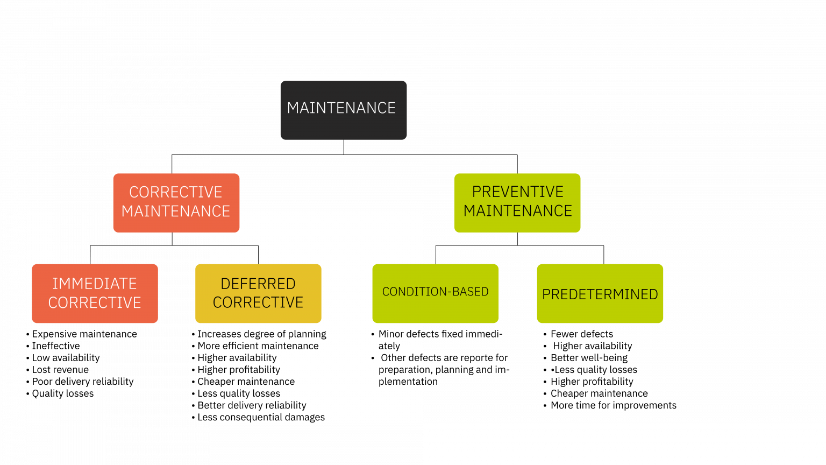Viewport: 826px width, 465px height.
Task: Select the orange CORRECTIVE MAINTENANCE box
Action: [x=176, y=202]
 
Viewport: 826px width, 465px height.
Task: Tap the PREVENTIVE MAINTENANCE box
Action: [x=517, y=202]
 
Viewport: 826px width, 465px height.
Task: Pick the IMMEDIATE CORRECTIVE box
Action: [x=95, y=293]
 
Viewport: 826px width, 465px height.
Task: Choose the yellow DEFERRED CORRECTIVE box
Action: [x=258, y=293]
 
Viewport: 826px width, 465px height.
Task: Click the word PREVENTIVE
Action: [x=517, y=192]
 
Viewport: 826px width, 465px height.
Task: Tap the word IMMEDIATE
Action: [x=95, y=284]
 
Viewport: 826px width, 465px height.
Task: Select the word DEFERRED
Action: [x=258, y=284]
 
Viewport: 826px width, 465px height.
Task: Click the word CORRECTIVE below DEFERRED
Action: [x=258, y=302]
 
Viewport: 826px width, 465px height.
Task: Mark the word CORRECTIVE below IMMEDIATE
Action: [x=95, y=302]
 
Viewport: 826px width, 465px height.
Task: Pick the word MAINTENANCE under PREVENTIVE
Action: [x=517, y=211]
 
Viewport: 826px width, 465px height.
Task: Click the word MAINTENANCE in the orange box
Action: [x=176, y=211]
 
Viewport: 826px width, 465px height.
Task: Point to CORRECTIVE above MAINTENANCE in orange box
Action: [x=176, y=192]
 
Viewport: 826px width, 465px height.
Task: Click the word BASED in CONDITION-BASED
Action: [x=469, y=292]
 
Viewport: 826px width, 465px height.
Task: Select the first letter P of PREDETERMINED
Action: [x=546, y=294]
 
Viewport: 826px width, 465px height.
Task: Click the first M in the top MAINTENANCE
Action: [x=293, y=108]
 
